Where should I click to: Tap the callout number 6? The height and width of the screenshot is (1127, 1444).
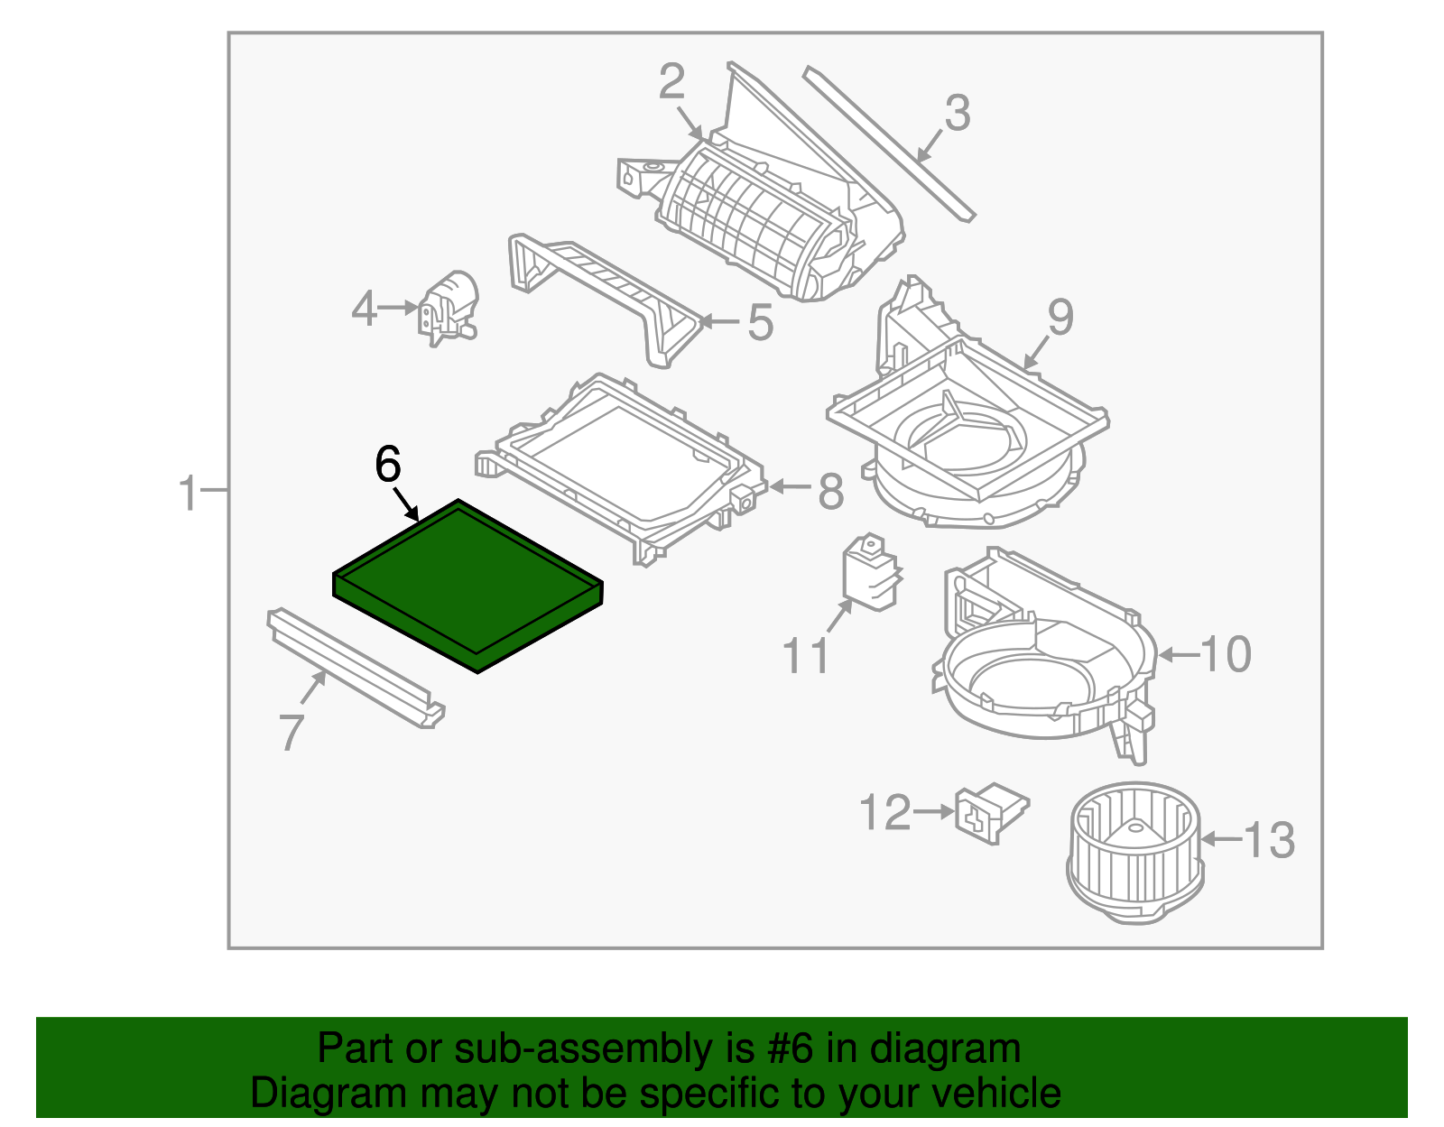[387, 466]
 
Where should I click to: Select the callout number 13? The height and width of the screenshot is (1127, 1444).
[1269, 840]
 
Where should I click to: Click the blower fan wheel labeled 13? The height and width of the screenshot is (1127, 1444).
[1135, 853]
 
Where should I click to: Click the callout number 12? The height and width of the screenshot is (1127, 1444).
[885, 813]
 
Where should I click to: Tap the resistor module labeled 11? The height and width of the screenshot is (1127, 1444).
[870, 573]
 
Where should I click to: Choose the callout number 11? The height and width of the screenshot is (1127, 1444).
[805, 656]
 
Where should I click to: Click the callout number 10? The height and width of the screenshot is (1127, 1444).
[1226, 654]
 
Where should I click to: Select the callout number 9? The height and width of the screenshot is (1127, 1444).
[1060, 318]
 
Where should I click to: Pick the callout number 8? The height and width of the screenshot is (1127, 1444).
[830, 492]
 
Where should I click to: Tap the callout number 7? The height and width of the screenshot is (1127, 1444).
[291, 732]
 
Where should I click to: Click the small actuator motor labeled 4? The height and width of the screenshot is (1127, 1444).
[449, 307]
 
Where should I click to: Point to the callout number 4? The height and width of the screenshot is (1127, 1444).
[364, 309]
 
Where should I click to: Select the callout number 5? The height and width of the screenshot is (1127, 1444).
[760, 322]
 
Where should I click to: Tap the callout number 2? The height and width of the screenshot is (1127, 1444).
[671, 82]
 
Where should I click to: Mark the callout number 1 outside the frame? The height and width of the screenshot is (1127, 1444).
[188, 494]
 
